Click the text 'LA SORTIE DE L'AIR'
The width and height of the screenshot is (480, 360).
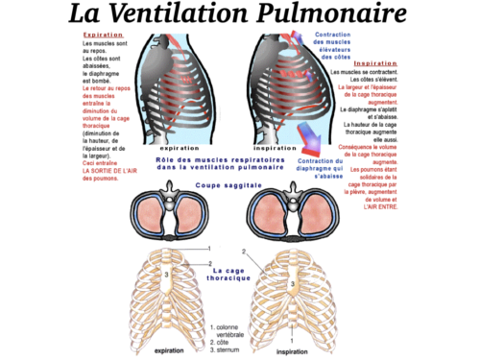110,170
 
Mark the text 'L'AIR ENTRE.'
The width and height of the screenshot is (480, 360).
382,206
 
